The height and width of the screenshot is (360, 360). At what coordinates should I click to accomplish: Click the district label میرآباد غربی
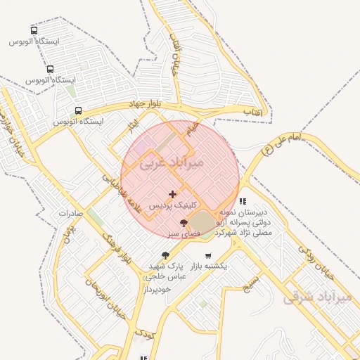[172, 163]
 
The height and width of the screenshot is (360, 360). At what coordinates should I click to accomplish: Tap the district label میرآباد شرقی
[316, 297]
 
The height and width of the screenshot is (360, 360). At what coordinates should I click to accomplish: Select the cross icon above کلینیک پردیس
[173, 194]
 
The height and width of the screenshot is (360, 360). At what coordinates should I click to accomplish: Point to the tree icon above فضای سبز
[184, 222]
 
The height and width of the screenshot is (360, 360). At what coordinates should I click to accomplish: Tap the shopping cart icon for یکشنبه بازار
[208, 256]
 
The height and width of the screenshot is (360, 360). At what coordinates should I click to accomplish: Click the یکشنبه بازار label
[209, 266]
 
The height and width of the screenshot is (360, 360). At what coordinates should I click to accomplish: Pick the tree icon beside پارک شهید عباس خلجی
[165, 256]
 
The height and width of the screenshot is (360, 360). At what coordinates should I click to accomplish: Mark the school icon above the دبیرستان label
[243, 201]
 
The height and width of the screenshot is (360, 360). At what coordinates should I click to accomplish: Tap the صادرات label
[71, 212]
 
